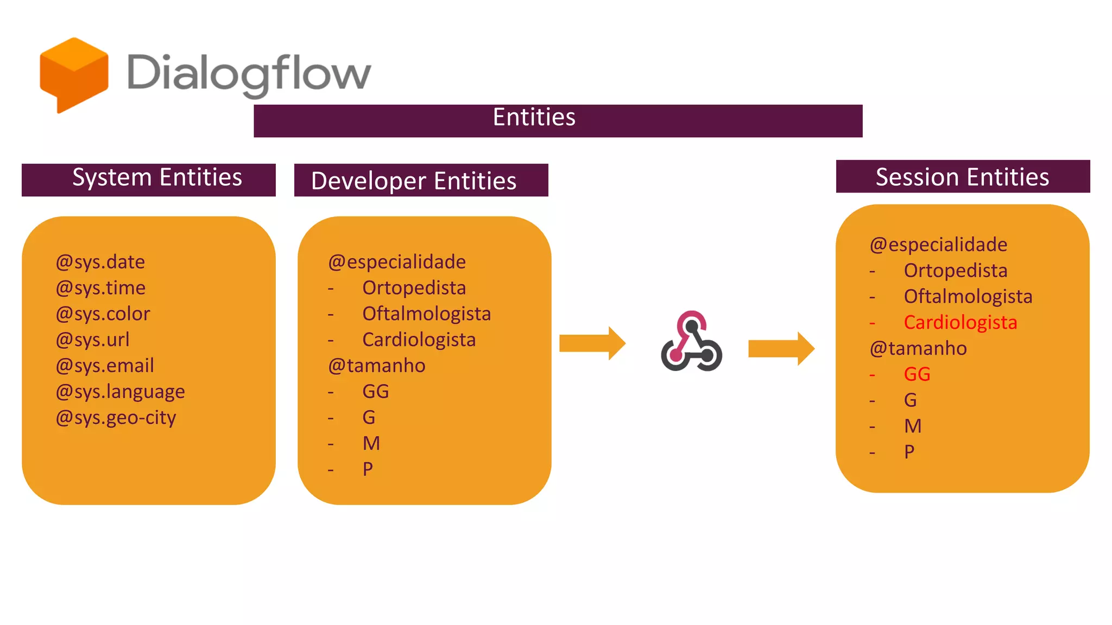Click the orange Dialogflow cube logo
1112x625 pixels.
coord(74,74)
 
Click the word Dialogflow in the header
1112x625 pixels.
coord(249,73)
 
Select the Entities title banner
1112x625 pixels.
coord(558,120)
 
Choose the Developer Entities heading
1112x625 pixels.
coord(421,180)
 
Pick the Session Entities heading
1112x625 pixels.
coord(962,177)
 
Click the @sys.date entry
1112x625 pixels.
coord(100,262)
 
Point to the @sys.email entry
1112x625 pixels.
coord(105,366)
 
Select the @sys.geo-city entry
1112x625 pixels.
coord(116,418)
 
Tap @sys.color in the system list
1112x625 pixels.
coord(103,314)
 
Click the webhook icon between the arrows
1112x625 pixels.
coord(691,341)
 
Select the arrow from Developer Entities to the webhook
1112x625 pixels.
coord(592,343)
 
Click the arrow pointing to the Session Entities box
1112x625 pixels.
coord(781,348)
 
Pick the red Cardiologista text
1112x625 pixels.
coord(960,323)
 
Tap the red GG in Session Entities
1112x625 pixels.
coord(917,374)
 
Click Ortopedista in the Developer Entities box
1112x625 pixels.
coord(414,288)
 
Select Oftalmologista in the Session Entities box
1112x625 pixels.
coord(968,297)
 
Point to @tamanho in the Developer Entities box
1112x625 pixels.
coord(377,366)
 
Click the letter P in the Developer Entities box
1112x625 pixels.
coord(368,469)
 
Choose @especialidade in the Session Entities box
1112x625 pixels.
coord(938,245)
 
